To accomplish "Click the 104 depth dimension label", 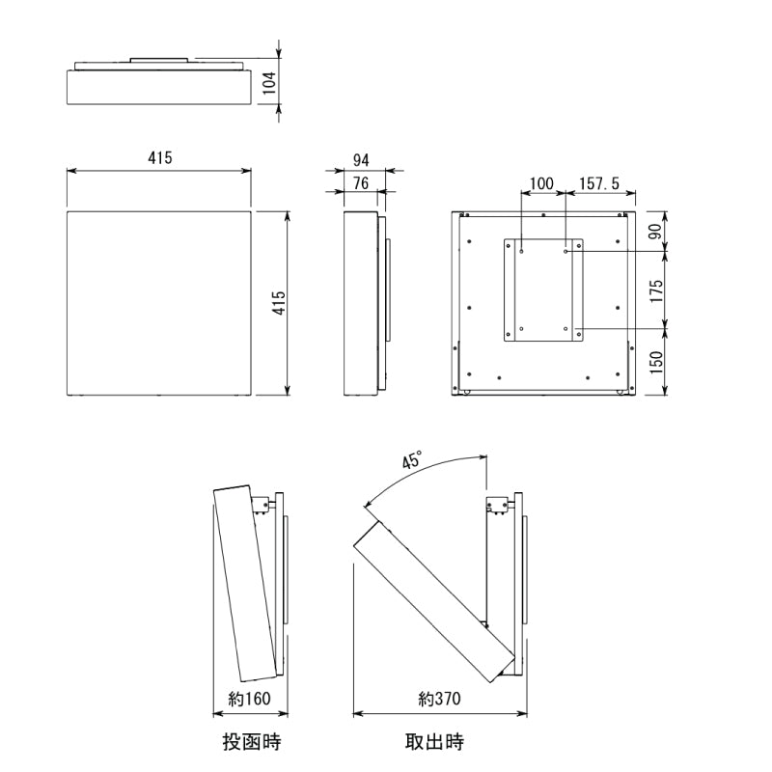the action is [269, 83].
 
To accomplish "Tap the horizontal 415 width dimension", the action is [160, 157].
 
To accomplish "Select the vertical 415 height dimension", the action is [279, 303].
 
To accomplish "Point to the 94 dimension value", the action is [361, 160].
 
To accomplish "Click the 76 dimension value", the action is [361, 183].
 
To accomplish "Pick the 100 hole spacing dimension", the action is [541, 183].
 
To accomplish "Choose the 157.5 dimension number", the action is [599, 183].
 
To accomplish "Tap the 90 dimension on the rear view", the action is [655, 232].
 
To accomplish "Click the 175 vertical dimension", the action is [655, 291].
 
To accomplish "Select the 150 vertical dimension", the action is [656, 363].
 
